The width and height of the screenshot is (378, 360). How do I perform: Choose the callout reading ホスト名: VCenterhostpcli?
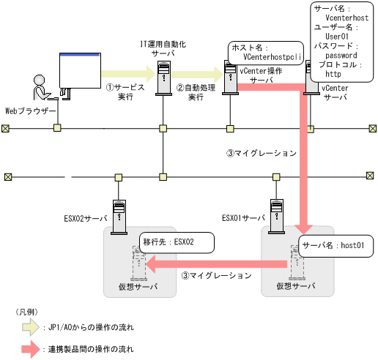pos(263,52)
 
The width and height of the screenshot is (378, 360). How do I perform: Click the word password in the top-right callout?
pos(341,55)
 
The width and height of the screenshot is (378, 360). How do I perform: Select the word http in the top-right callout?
pos(333,74)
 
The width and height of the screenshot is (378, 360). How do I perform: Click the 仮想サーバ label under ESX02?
pos(139,287)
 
